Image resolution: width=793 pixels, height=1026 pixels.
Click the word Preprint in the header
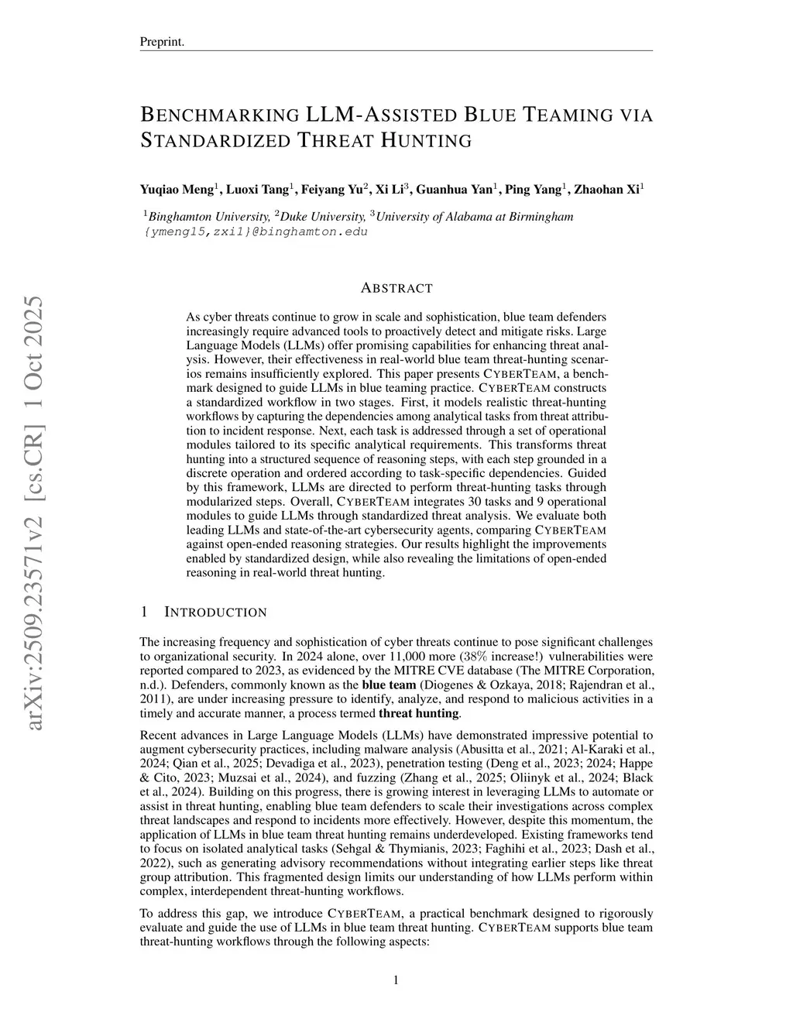pos(161,42)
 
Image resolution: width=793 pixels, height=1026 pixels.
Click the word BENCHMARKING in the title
pos(220,115)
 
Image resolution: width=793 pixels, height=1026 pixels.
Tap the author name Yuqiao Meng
pos(177,189)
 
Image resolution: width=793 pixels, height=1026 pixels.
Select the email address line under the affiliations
pos(256,232)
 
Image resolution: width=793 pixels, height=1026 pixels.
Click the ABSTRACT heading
pos(396,288)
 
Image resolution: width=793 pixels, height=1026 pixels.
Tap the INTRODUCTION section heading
pos(215,613)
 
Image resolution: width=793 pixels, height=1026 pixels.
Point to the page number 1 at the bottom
pos(396,980)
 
